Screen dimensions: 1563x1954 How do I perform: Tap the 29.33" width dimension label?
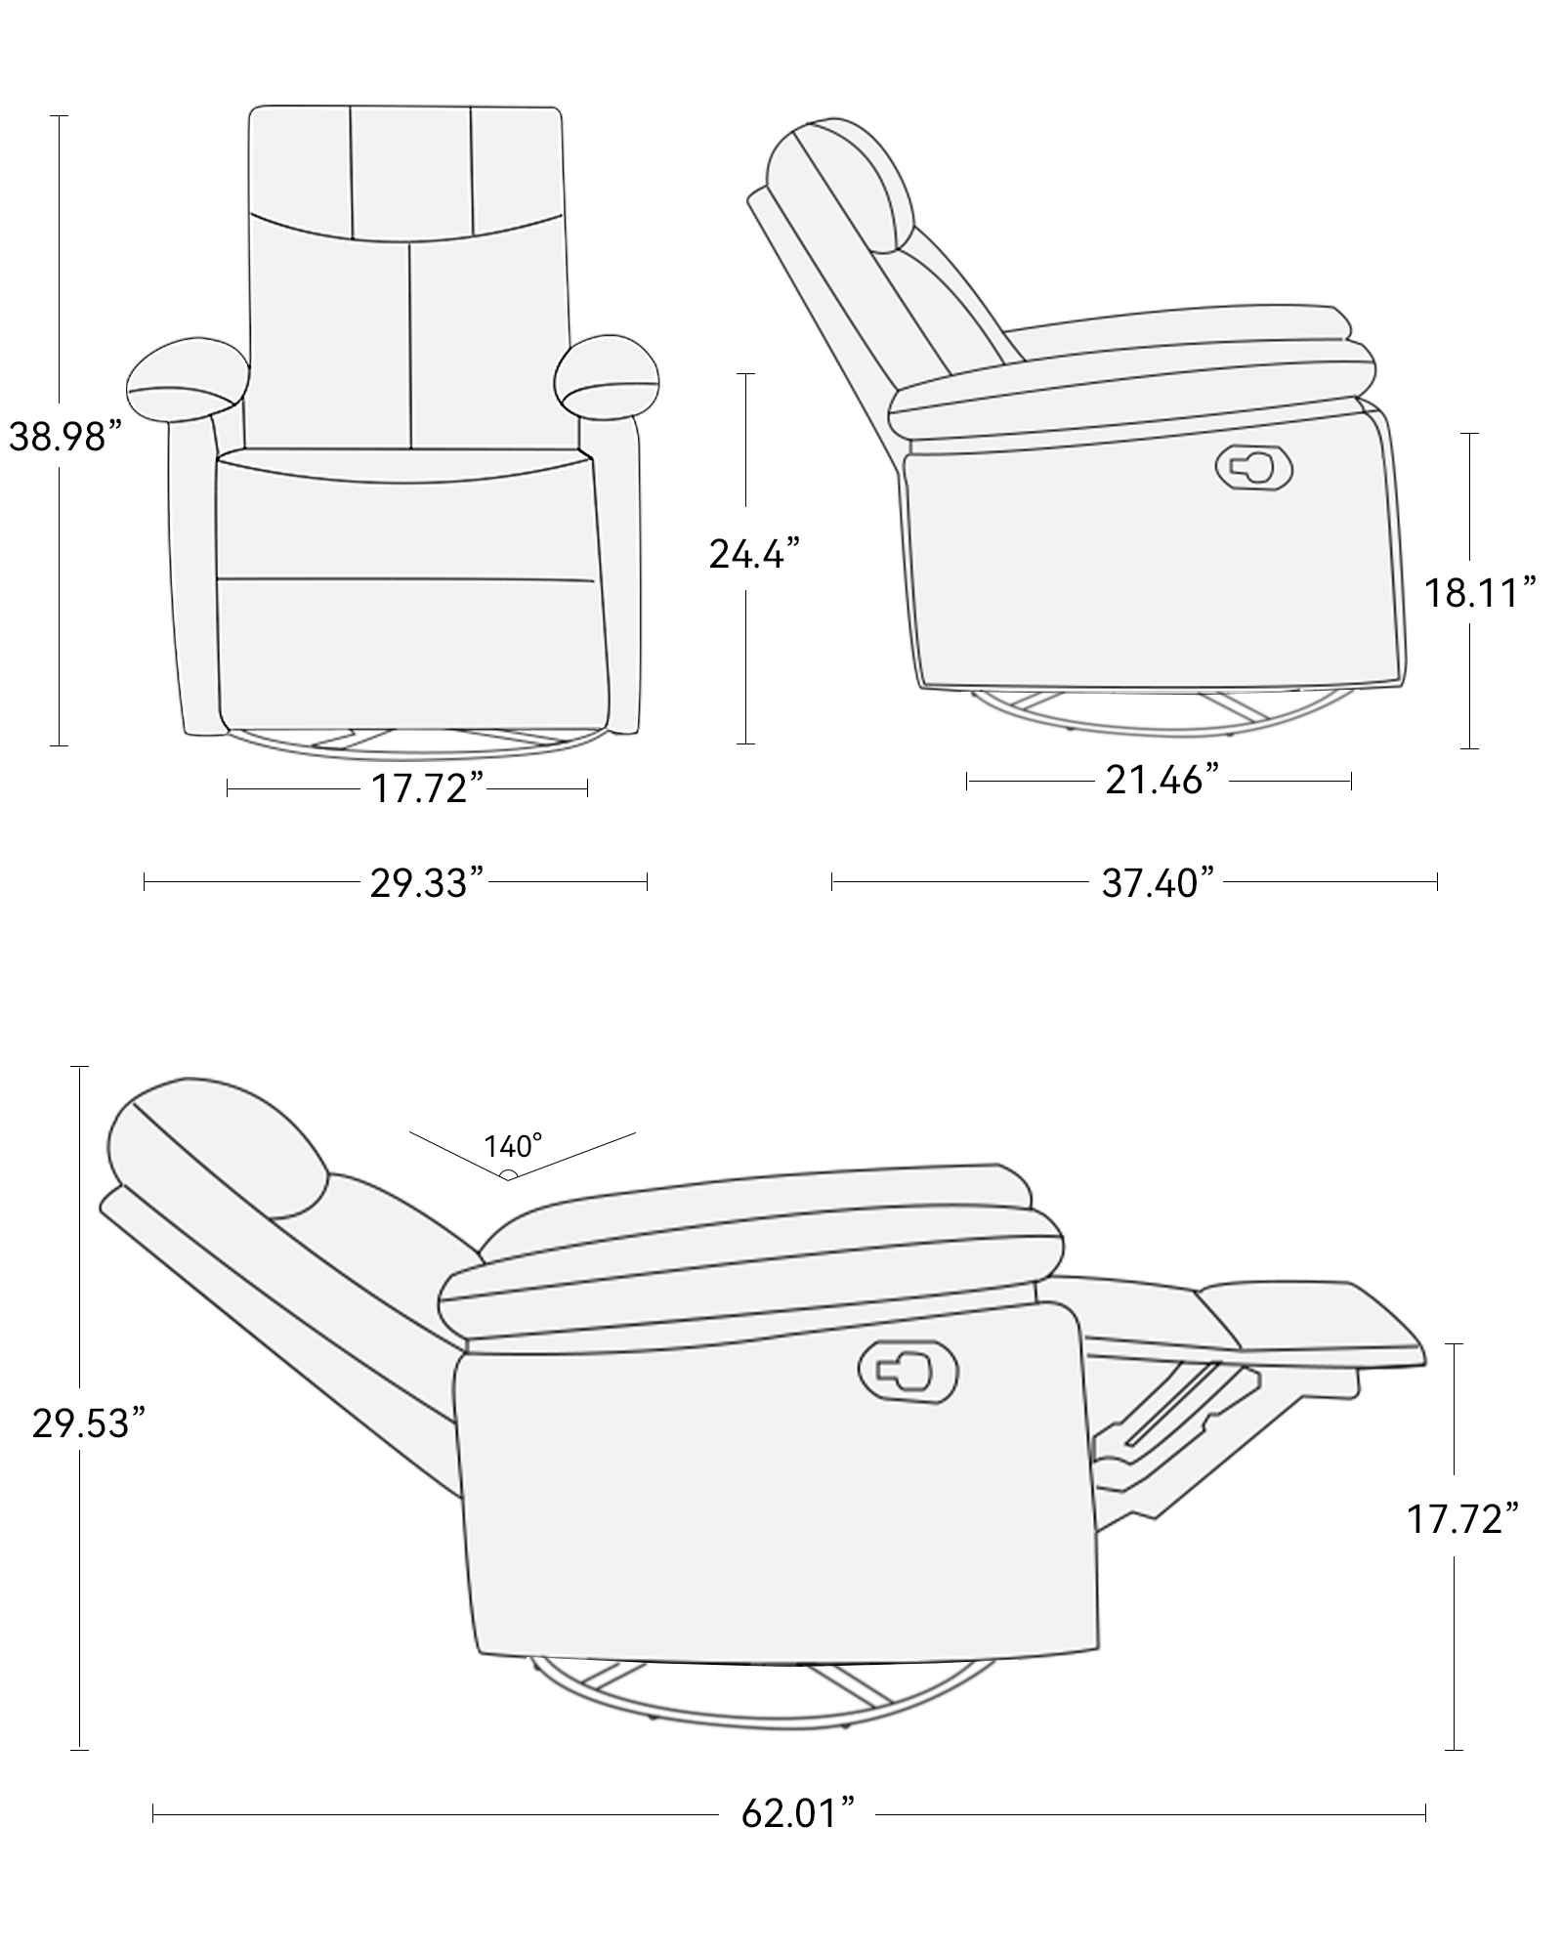(427, 882)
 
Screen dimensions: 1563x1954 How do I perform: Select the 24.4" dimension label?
(754, 555)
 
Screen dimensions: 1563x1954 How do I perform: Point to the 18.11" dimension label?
(1478, 593)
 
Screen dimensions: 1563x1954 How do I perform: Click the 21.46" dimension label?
(1162, 780)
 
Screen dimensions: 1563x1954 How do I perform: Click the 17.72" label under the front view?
(427, 787)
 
